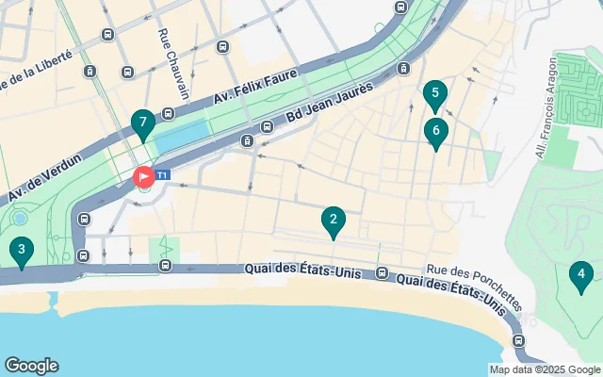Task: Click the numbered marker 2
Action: point(332,222)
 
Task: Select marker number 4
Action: point(581,276)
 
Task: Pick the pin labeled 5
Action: point(433,93)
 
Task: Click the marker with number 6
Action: point(435,132)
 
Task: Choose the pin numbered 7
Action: point(142,123)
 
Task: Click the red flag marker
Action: point(144,176)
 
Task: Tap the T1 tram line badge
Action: point(163,175)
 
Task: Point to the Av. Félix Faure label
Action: point(254,85)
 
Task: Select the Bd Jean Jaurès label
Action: point(330,106)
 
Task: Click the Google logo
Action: point(31,366)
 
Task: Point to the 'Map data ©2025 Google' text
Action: point(545,369)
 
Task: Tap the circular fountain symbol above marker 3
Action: point(20,219)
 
